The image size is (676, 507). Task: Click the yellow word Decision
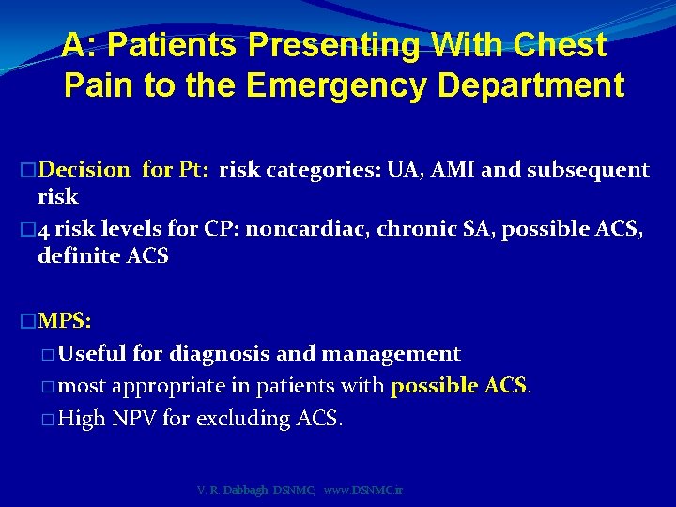tap(85, 170)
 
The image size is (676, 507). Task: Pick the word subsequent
tap(588, 170)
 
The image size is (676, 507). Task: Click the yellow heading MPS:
tap(63, 321)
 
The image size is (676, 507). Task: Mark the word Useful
tap(92, 354)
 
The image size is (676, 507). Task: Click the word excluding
tap(244, 419)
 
